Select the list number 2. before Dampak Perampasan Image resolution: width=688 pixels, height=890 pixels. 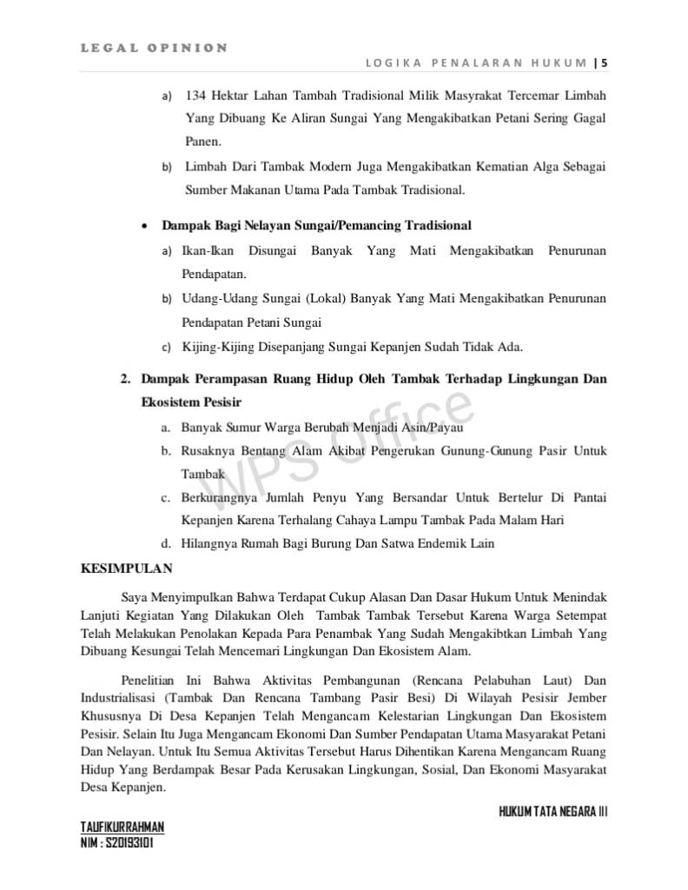(x=125, y=380)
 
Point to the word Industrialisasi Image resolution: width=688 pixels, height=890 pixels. (x=118, y=697)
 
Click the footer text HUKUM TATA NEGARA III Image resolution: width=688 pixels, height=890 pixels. (x=553, y=812)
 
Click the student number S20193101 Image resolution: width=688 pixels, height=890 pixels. (x=128, y=843)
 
